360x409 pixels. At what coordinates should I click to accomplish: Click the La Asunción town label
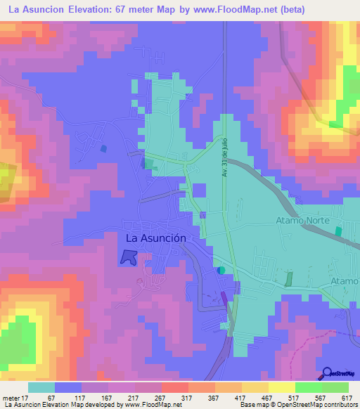155,238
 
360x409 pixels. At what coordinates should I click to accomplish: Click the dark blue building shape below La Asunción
128,257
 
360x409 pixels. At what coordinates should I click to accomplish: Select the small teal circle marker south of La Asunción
221,270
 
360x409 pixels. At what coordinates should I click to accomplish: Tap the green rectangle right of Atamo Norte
338,231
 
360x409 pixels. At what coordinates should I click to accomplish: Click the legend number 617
346,397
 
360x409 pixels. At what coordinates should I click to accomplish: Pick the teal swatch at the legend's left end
41,387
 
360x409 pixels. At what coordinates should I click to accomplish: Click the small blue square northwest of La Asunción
105,149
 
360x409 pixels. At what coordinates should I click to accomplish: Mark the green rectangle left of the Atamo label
288,278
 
